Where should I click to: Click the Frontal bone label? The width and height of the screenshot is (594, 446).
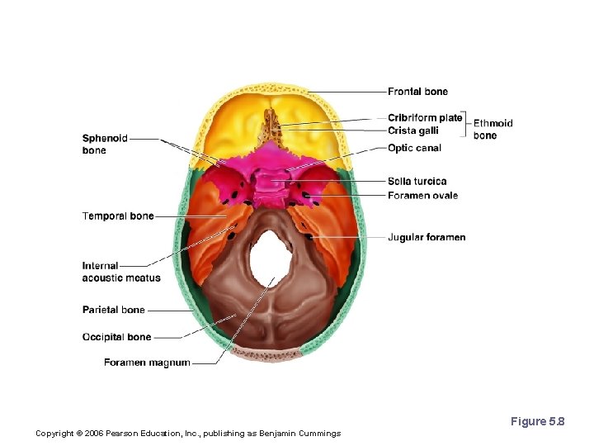(417, 92)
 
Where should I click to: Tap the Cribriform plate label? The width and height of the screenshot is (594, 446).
(425, 118)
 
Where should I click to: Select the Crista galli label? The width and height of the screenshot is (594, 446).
(413, 130)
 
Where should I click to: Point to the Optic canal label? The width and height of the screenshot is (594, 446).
(414, 149)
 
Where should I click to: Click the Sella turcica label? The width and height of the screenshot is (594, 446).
(417, 182)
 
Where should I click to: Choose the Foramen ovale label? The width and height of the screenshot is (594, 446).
(422, 196)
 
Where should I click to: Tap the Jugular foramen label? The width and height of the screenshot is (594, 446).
(427, 238)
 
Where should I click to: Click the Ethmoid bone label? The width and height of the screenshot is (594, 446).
(493, 130)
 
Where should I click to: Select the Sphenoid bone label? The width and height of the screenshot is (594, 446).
(104, 145)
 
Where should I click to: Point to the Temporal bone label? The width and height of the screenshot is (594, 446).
(118, 216)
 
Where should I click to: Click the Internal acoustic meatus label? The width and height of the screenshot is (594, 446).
(120, 272)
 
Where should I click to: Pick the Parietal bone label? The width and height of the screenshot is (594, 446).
(113, 311)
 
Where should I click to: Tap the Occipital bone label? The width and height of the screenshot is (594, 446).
(116, 337)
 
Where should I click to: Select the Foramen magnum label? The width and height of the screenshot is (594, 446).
(147, 363)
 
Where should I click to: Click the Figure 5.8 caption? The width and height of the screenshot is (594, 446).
(537, 422)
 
